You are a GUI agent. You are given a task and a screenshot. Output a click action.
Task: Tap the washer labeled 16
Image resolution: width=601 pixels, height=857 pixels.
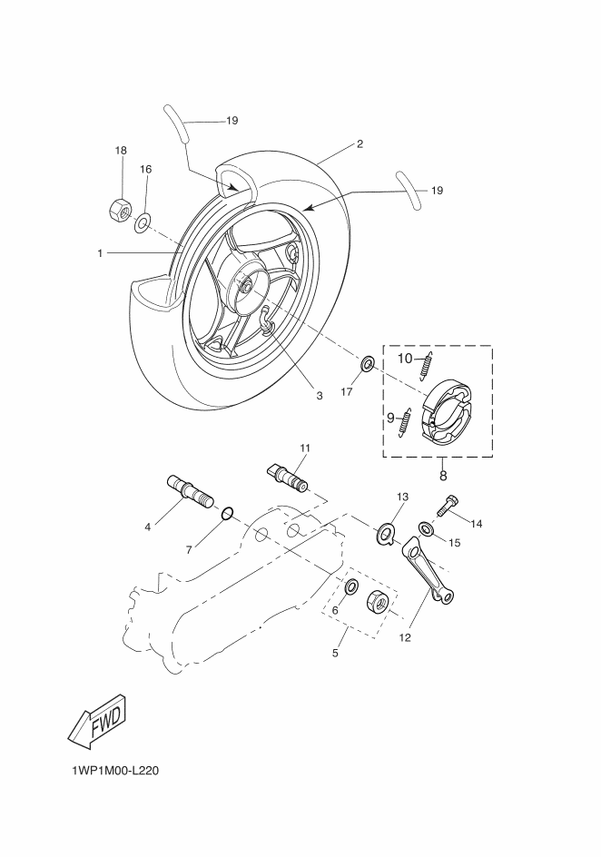tap(143, 222)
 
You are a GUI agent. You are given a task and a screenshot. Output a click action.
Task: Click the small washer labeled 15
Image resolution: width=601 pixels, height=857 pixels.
tap(426, 528)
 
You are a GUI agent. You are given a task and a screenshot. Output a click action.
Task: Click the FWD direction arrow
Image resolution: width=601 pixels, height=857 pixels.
tap(95, 723)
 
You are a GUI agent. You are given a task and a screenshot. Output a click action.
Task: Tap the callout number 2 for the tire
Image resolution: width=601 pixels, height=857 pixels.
tap(360, 143)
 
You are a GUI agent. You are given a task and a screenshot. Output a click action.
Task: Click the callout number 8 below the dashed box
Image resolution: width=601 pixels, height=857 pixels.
tap(443, 474)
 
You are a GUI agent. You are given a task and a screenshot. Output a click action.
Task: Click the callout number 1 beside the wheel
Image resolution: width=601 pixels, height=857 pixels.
tap(101, 253)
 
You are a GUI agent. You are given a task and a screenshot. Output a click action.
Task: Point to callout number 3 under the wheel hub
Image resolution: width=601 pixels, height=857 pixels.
tap(320, 396)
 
